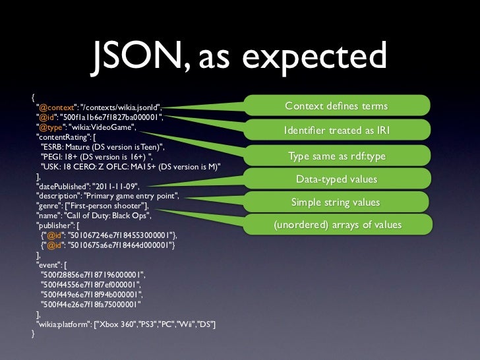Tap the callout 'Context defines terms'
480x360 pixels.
336,107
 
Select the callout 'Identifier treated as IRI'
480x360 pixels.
336,131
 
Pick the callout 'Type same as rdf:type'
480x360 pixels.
336,156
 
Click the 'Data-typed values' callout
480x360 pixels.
336,179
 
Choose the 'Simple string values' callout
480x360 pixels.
336,202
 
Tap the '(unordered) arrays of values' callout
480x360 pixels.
338,225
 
